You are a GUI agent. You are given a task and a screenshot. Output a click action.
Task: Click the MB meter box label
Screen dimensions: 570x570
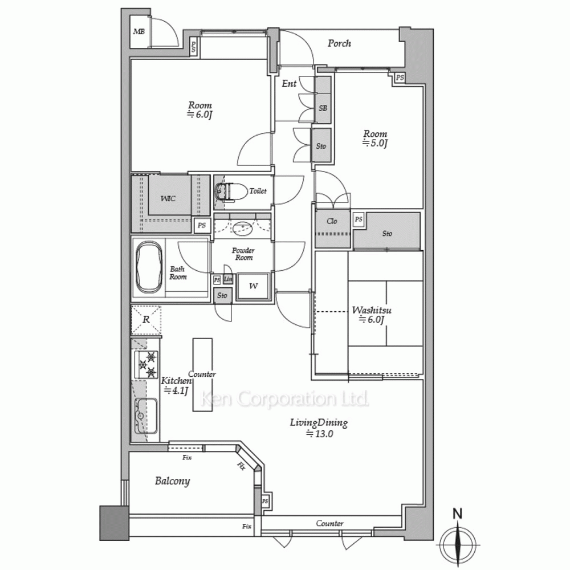pyautogui.click(x=139, y=31)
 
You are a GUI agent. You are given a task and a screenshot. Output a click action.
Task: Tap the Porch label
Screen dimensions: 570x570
pyautogui.click(x=339, y=43)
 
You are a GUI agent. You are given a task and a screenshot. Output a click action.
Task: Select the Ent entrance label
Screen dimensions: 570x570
pyautogui.click(x=289, y=84)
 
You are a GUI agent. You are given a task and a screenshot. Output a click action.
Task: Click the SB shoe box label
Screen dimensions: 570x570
pyautogui.click(x=323, y=108)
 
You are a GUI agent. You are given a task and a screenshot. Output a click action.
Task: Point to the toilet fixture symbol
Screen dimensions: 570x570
pyautogui.click(x=225, y=191)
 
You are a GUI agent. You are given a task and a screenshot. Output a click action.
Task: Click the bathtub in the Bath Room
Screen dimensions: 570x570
pyautogui.click(x=149, y=268)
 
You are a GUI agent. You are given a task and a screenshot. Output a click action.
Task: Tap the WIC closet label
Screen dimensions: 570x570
pyautogui.click(x=168, y=198)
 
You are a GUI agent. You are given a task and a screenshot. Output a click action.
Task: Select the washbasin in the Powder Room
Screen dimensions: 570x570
pyautogui.click(x=242, y=229)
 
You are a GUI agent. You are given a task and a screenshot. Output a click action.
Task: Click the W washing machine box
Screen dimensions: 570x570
pyautogui.click(x=254, y=286)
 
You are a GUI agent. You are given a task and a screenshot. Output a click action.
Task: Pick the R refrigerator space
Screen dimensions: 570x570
pyautogui.click(x=146, y=320)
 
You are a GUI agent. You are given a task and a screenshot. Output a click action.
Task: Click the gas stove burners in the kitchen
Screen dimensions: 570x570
pyautogui.click(x=146, y=365)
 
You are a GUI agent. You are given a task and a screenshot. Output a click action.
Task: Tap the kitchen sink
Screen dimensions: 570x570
pyautogui.click(x=146, y=416)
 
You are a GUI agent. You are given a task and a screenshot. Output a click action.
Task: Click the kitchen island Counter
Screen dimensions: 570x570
pyautogui.click(x=202, y=375)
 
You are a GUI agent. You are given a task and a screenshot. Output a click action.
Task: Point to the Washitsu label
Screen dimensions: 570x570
pyautogui.click(x=372, y=311)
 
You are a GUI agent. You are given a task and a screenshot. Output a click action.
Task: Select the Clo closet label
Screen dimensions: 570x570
pyautogui.click(x=332, y=221)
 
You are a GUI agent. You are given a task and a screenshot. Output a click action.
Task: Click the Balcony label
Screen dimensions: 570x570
pyautogui.click(x=172, y=481)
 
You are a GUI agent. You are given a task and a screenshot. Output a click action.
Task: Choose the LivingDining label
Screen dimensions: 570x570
pyautogui.click(x=319, y=423)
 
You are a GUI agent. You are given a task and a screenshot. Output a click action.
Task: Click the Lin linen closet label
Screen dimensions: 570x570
pyautogui.click(x=229, y=279)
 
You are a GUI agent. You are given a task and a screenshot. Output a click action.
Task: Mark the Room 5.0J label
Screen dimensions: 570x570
pyautogui.click(x=375, y=139)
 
